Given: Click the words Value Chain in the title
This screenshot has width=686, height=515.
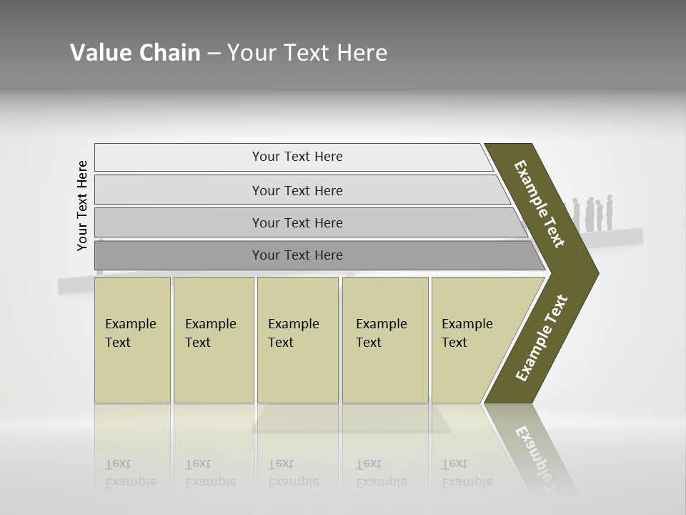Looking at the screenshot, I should pos(135,53).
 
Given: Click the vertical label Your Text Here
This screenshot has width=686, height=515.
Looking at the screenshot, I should pos(82,205).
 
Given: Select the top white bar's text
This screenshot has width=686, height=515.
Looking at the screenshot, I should pos(297,157).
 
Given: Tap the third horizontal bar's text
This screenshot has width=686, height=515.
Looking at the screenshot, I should pos(297,223).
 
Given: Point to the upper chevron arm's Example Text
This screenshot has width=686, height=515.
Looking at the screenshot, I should pos(540,204).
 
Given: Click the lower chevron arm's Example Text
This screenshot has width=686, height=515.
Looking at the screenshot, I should pos(542,338).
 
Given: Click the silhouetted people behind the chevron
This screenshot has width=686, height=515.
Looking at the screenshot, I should pos(594,214).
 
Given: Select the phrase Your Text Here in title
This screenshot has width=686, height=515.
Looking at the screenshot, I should pos(307,53).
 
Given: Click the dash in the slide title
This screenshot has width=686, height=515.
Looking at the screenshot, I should pos(214,54).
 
